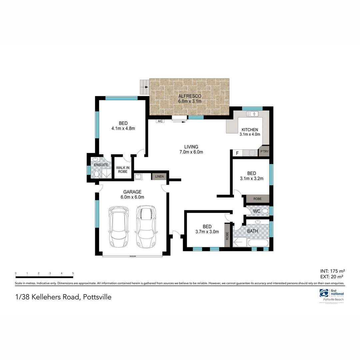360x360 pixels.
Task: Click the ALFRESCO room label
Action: [x=189, y=96]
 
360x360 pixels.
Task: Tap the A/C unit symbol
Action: [x=160, y=121]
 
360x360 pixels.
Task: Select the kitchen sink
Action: [x=252, y=114]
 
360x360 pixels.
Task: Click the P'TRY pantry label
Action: [x=264, y=152]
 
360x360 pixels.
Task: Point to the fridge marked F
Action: [x=237, y=153]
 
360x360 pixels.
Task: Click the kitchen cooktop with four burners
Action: [x=252, y=153]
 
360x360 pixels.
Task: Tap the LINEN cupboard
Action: [x=159, y=176]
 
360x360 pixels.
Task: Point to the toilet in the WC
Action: [x=265, y=211]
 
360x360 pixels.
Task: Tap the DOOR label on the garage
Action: [x=133, y=256]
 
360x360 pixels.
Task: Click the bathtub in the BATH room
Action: [x=258, y=243]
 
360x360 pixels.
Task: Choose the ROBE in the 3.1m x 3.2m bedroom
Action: [x=257, y=199]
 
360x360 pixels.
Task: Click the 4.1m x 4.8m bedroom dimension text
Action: [x=123, y=128]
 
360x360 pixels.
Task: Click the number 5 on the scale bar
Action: [x=73, y=273]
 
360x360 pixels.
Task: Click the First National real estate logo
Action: [x=331, y=294]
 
